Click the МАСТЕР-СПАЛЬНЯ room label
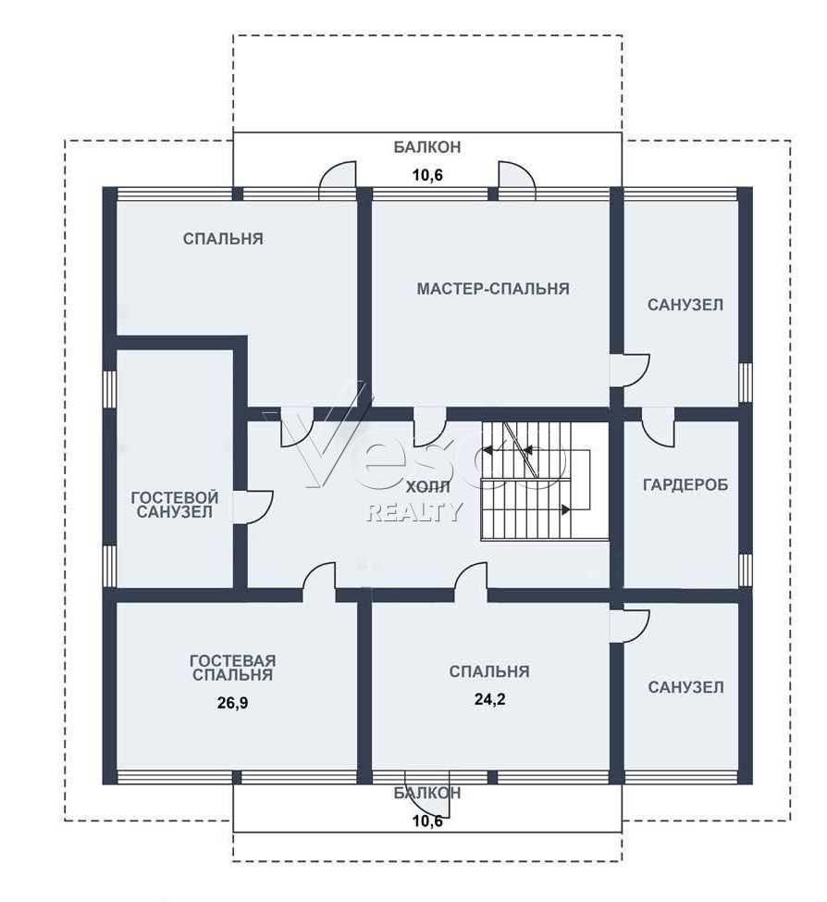tap(492, 288)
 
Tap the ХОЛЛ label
tap(428, 487)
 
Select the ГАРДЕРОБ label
tap(685, 484)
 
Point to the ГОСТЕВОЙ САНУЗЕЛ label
tap(175, 505)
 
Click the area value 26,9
tap(233, 702)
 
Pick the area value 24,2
tap(489, 699)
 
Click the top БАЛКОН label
tap(427, 147)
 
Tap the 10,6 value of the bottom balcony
tap(427, 821)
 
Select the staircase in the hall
tap(544, 481)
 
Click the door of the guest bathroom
tap(253, 507)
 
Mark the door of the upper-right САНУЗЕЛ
tap(630, 370)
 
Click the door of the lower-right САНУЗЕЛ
tap(630, 624)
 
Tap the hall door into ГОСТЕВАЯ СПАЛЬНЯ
tap(319, 576)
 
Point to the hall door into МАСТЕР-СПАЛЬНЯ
tap(430, 426)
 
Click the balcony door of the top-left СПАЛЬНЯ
tap(338, 181)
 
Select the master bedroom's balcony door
tap(517, 181)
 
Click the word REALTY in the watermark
tap(414, 511)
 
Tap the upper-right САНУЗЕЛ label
tap(685, 305)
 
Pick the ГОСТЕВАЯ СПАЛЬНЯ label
tap(233, 668)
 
